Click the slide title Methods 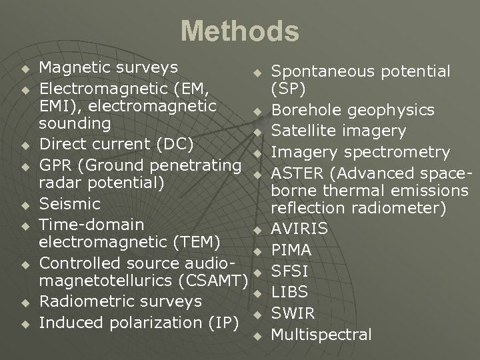(x=240, y=31)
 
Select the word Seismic (x=70, y=204)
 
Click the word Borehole (x=302, y=110)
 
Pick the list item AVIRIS (x=299, y=229)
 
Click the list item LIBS (x=289, y=292)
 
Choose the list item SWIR (x=293, y=313)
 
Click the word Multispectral (x=321, y=334)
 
